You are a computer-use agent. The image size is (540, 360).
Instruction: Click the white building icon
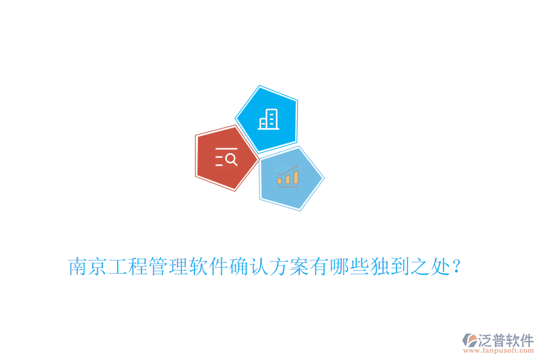click(268, 119)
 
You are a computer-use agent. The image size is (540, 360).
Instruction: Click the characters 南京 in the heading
click(88, 266)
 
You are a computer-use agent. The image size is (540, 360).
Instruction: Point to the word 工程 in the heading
click(128, 266)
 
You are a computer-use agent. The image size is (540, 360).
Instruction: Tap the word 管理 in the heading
click(169, 266)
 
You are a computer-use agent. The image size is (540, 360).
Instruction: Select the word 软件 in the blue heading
click(209, 266)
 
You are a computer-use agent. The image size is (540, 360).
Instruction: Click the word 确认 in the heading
click(249, 266)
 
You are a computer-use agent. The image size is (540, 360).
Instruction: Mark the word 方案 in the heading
click(289, 266)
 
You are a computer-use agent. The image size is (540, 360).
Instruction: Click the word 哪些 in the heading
click(350, 266)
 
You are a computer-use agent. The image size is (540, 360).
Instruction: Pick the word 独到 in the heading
click(390, 266)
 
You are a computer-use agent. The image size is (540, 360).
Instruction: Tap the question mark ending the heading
click(457, 266)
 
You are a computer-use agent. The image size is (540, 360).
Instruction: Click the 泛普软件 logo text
click(506, 340)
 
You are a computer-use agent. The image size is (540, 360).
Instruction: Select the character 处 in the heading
click(440, 266)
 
